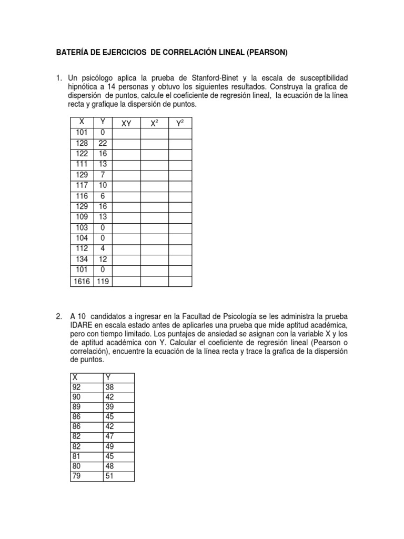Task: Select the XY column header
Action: click(126, 123)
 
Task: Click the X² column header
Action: click(154, 123)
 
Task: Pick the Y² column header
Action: click(179, 123)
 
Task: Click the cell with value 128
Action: click(82, 143)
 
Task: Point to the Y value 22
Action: click(103, 143)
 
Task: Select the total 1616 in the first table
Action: click(82, 282)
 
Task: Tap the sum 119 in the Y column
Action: click(103, 282)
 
